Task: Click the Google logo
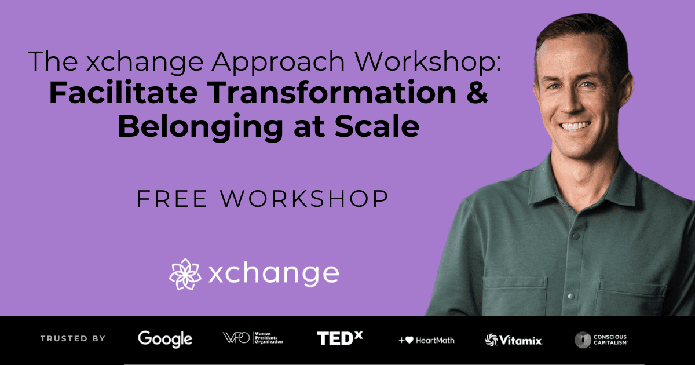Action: [165, 339]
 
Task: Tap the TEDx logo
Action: [340, 338]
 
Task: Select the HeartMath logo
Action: [427, 341]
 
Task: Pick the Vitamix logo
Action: [514, 340]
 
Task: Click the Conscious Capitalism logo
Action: [601, 340]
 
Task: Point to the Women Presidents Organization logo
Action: [253, 338]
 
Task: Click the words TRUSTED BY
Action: [73, 338]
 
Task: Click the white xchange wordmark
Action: [273, 273]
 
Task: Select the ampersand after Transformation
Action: [477, 93]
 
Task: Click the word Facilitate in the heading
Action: [123, 93]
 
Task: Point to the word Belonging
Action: [200, 127]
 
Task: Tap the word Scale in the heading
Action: [377, 126]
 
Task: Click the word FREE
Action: [172, 199]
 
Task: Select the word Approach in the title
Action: [279, 62]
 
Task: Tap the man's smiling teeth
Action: [575, 126]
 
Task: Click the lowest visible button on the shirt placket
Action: [570, 296]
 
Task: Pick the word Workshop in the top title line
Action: [428, 62]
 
